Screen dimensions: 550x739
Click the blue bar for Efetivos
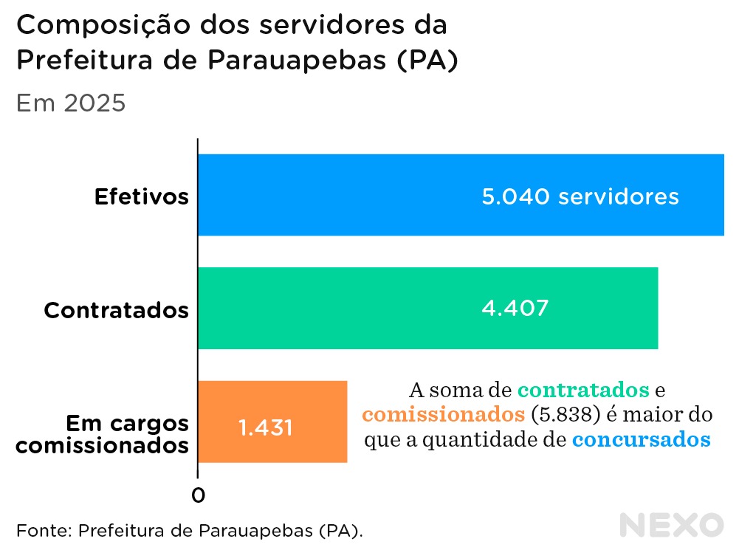point(332,196)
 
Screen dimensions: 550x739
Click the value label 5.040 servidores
point(580,197)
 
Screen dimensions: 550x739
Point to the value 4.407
point(515,308)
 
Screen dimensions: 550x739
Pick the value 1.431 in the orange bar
point(265,427)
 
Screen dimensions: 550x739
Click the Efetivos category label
point(142,197)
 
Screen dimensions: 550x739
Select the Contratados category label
point(116,310)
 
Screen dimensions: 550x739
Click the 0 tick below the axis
point(198,495)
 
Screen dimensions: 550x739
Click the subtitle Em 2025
point(71,103)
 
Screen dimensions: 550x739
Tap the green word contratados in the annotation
point(583,389)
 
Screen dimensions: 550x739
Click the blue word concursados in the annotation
point(641,440)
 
